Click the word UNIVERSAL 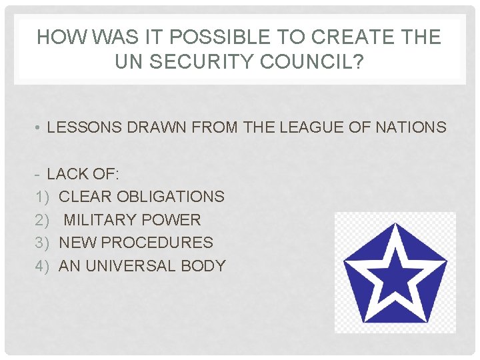131,266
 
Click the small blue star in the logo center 395,273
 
